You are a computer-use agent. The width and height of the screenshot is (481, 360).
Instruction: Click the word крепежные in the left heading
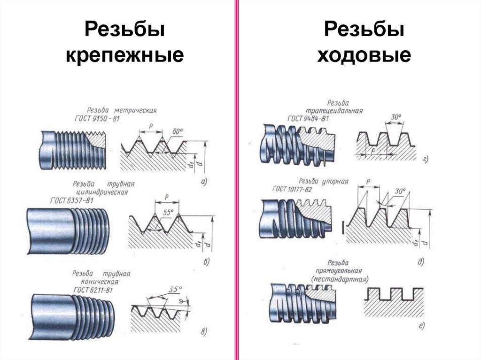pyautogui.click(x=124, y=56)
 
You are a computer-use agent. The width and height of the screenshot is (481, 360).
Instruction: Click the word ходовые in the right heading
pyautogui.click(x=364, y=56)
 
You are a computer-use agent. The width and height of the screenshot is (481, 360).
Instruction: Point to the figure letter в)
pyautogui.click(x=203, y=333)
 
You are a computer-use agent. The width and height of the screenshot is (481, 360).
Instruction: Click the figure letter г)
pyautogui.click(x=425, y=160)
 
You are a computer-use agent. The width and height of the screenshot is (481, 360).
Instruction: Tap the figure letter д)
pyautogui.click(x=420, y=262)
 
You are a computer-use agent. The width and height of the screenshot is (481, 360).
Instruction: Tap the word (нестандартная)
pyautogui.click(x=340, y=279)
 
